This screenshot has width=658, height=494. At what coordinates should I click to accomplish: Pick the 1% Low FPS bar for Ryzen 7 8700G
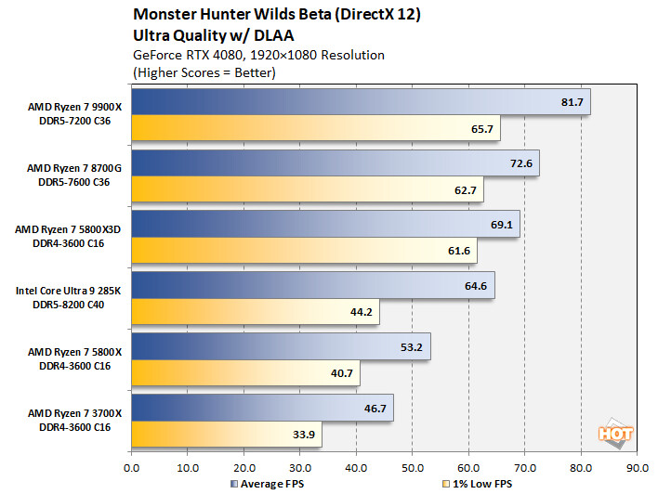tap(308, 189)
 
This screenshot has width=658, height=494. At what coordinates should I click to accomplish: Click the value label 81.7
tap(572, 102)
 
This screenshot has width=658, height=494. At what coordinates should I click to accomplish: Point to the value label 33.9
tap(303, 433)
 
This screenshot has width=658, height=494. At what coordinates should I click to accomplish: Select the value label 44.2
tap(361, 311)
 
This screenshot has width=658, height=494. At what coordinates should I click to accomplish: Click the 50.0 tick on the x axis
tap(413, 466)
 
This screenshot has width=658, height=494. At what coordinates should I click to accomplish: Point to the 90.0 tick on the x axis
tap(638, 466)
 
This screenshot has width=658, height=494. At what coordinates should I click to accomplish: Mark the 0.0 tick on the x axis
tap(132, 466)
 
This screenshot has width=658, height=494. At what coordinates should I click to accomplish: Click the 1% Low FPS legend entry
tap(481, 484)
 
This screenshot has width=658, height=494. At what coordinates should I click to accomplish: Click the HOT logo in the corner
tap(616, 433)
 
